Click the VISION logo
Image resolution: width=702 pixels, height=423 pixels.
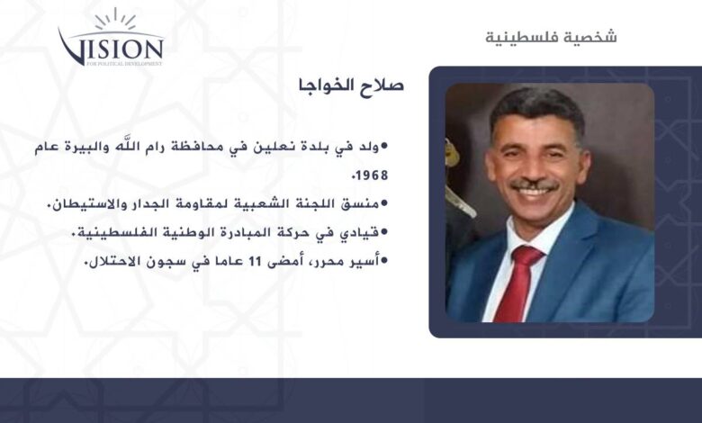[x=111, y=38]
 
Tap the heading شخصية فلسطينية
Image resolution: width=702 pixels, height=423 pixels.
[x=551, y=36]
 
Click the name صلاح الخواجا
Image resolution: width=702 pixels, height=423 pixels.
[x=351, y=85]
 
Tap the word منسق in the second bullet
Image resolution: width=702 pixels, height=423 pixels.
[x=359, y=204]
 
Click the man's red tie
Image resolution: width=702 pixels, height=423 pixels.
[x=519, y=283]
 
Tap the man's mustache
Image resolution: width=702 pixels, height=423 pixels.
[x=535, y=184]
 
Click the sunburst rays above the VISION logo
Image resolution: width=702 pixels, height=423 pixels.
[x=115, y=19]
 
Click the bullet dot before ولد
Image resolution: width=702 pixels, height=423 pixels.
[x=383, y=147]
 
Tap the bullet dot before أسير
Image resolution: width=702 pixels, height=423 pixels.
[x=383, y=261]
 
